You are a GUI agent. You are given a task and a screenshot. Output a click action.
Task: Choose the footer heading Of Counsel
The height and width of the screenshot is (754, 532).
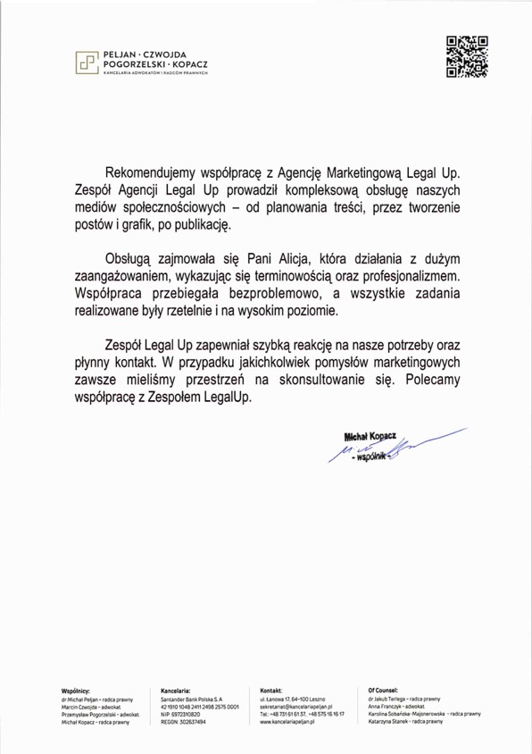pyautogui.click(x=383, y=690)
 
